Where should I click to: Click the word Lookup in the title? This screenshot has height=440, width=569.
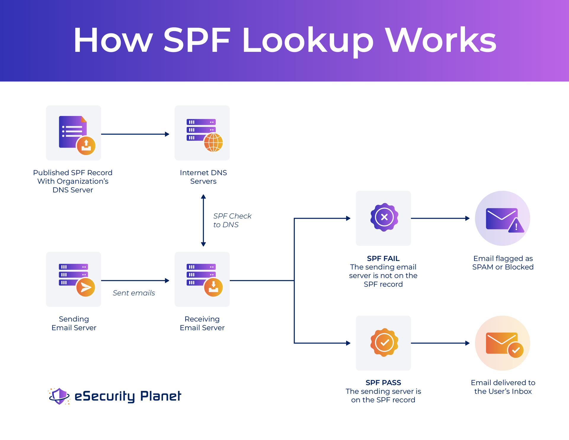coord(308,41)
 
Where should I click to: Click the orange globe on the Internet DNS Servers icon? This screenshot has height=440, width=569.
coord(213,142)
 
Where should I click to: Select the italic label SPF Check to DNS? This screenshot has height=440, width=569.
coord(232,220)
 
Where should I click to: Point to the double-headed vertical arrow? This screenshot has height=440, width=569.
coord(203,220)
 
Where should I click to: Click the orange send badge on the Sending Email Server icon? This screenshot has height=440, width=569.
coord(86,287)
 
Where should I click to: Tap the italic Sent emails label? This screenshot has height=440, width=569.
coord(134,293)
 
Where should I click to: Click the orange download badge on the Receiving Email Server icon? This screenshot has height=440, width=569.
coord(213,287)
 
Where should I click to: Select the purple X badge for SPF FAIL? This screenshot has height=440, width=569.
coord(384,217)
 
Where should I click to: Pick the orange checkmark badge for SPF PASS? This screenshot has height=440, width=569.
coord(384,342)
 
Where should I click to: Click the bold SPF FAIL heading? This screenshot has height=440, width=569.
coord(383,258)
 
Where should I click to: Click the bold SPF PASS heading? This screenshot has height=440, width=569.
coord(383,383)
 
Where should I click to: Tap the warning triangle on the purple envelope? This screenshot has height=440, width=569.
coord(516,226)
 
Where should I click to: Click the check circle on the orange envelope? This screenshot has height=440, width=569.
coord(516,350)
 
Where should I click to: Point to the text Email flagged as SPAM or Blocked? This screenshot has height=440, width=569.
coord(503,263)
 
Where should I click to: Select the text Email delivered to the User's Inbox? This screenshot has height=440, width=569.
coord(503,387)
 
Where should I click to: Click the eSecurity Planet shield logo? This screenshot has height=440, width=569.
coord(59,396)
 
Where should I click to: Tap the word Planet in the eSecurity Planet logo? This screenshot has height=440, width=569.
coord(160,396)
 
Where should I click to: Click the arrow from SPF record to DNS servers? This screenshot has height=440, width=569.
coord(135,134)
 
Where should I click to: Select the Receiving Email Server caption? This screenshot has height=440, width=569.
coord(202,323)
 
